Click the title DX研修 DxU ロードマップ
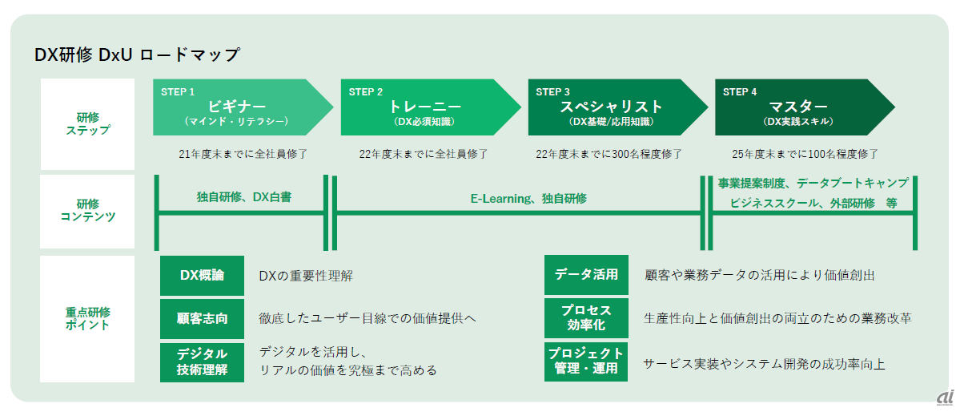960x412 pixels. pos(137,55)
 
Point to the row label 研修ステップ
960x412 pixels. pos(88,123)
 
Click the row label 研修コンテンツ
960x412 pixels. pos(88,211)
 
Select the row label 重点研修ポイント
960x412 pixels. pos(88,318)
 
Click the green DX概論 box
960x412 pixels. pos(202,276)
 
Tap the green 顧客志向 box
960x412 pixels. pos(202,318)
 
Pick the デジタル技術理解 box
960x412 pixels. pos(202,362)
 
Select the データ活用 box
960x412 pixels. pos(586,275)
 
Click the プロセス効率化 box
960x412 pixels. pos(586,318)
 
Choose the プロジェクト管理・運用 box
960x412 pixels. pos(586,362)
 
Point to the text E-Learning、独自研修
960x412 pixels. pos(528,198)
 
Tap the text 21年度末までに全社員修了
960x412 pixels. pos(243,153)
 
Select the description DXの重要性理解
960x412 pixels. pos(305,276)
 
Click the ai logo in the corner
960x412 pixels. pos(945,398)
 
